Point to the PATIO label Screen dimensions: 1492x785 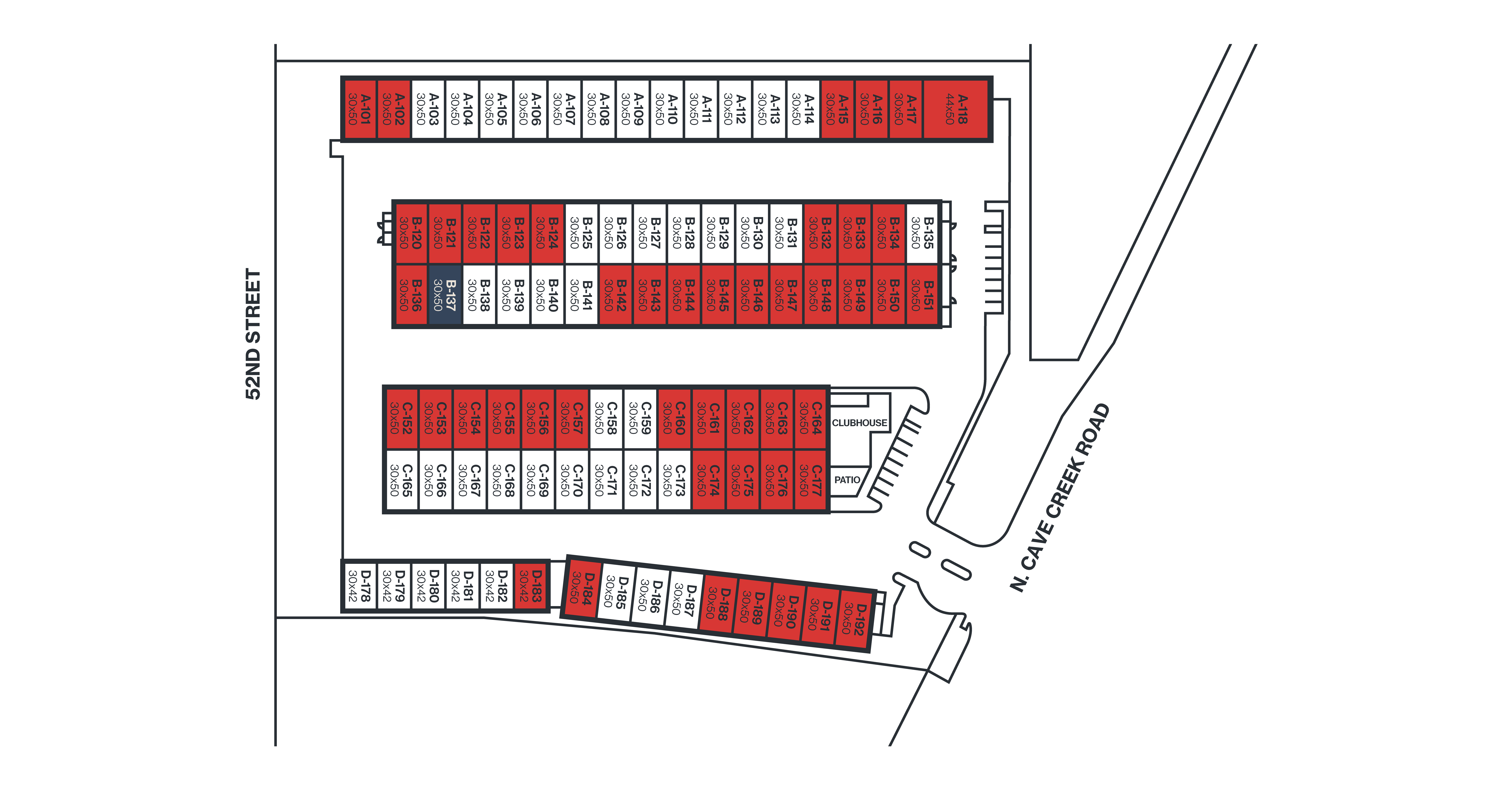click(847, 480)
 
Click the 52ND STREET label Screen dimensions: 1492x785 click(253, 334)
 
